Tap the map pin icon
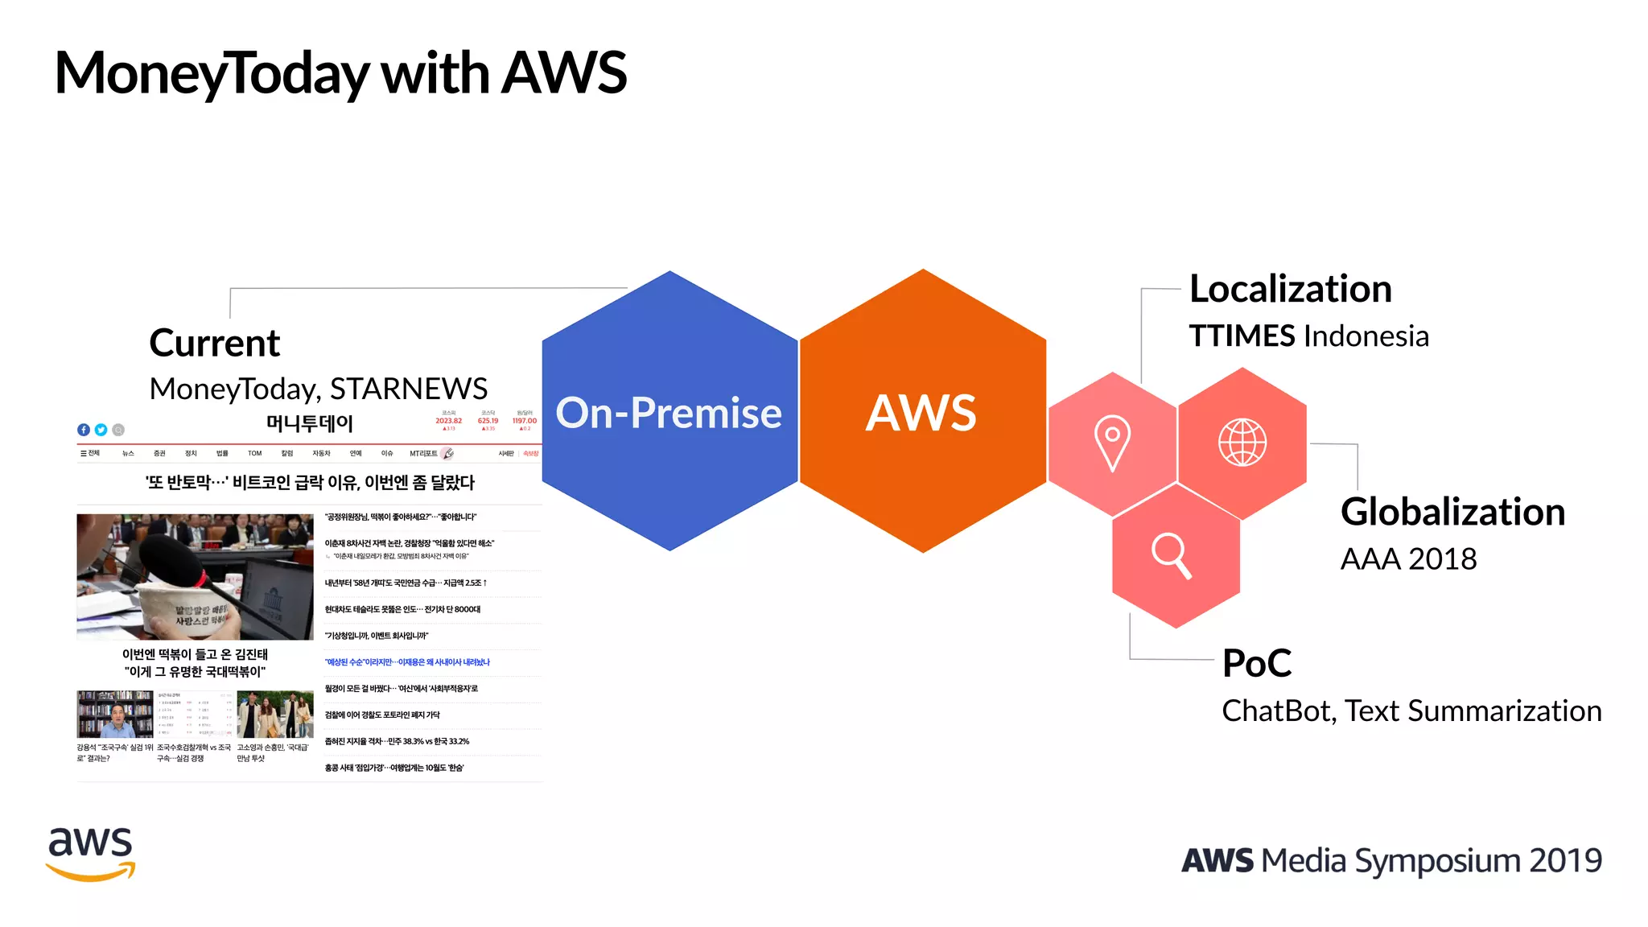[1112, 443]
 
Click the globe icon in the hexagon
[1242, 443]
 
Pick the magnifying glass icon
[1172, 555]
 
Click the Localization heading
[1290, 290]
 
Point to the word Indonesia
[1365, 336]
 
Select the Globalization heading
[1452, 513]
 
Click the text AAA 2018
[1408, 559]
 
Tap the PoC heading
[1256, 664]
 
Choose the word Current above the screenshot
[214, 344]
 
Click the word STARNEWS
[409, 389]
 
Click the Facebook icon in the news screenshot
[84, 430]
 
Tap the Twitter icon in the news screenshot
[101, 430]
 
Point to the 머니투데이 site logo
[310, 423]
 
